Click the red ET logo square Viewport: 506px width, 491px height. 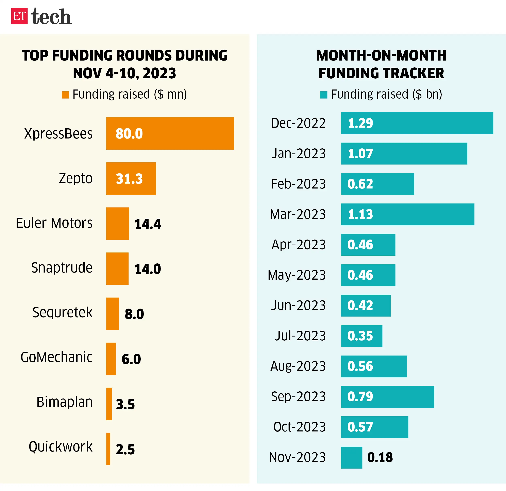pos(19,16)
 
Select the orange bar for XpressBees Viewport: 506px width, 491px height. pos(170,134)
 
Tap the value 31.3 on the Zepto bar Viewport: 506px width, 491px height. pos(129,179)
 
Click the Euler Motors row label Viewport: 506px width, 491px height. pos(54,223)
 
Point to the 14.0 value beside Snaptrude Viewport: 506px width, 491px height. pos(148,269)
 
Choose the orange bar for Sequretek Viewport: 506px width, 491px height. pos(113,314)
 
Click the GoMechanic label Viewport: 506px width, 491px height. pos(56,357)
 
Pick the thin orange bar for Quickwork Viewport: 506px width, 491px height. pos(108,449)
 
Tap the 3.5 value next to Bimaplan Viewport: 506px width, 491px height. pos(125,404)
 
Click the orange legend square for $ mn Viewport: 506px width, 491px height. pos(65,95)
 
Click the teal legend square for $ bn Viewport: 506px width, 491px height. pos(323,95)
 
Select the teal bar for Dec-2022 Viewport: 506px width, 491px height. pos(417,123)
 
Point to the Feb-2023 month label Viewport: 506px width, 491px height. pos(298,184)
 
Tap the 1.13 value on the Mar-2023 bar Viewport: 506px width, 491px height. pos(360,214)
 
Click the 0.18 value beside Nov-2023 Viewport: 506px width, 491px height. pos(380,457)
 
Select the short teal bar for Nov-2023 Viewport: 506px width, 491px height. pos(351,457)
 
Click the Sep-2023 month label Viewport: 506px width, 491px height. pos(298,396)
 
